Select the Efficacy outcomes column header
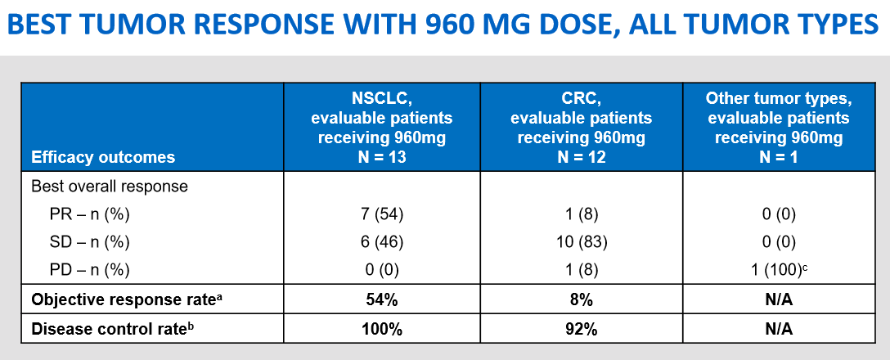103,157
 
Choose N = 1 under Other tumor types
778,156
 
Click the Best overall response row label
110,187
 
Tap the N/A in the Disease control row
778,330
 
